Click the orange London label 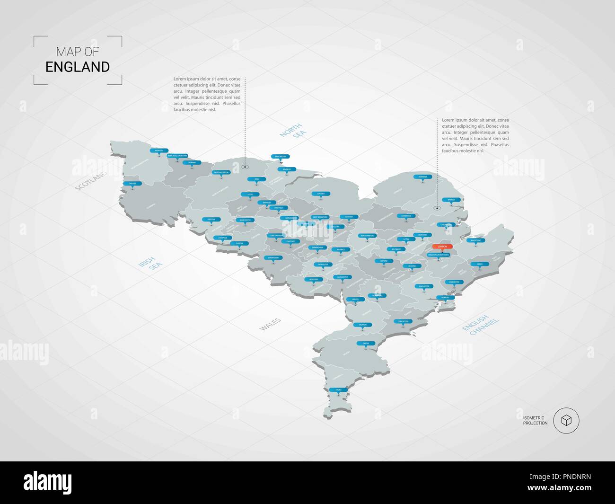coord(443,247)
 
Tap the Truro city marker coord(338,389)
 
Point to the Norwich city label coord(422,177)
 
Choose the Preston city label coord(211,220)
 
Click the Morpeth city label coord(158,150)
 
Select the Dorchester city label coord(403,321)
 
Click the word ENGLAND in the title coord(78,67)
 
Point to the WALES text coord(270,324)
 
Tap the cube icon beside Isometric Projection coord(566,420)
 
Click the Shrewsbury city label coord(273,258)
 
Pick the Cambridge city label coord(406,216)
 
